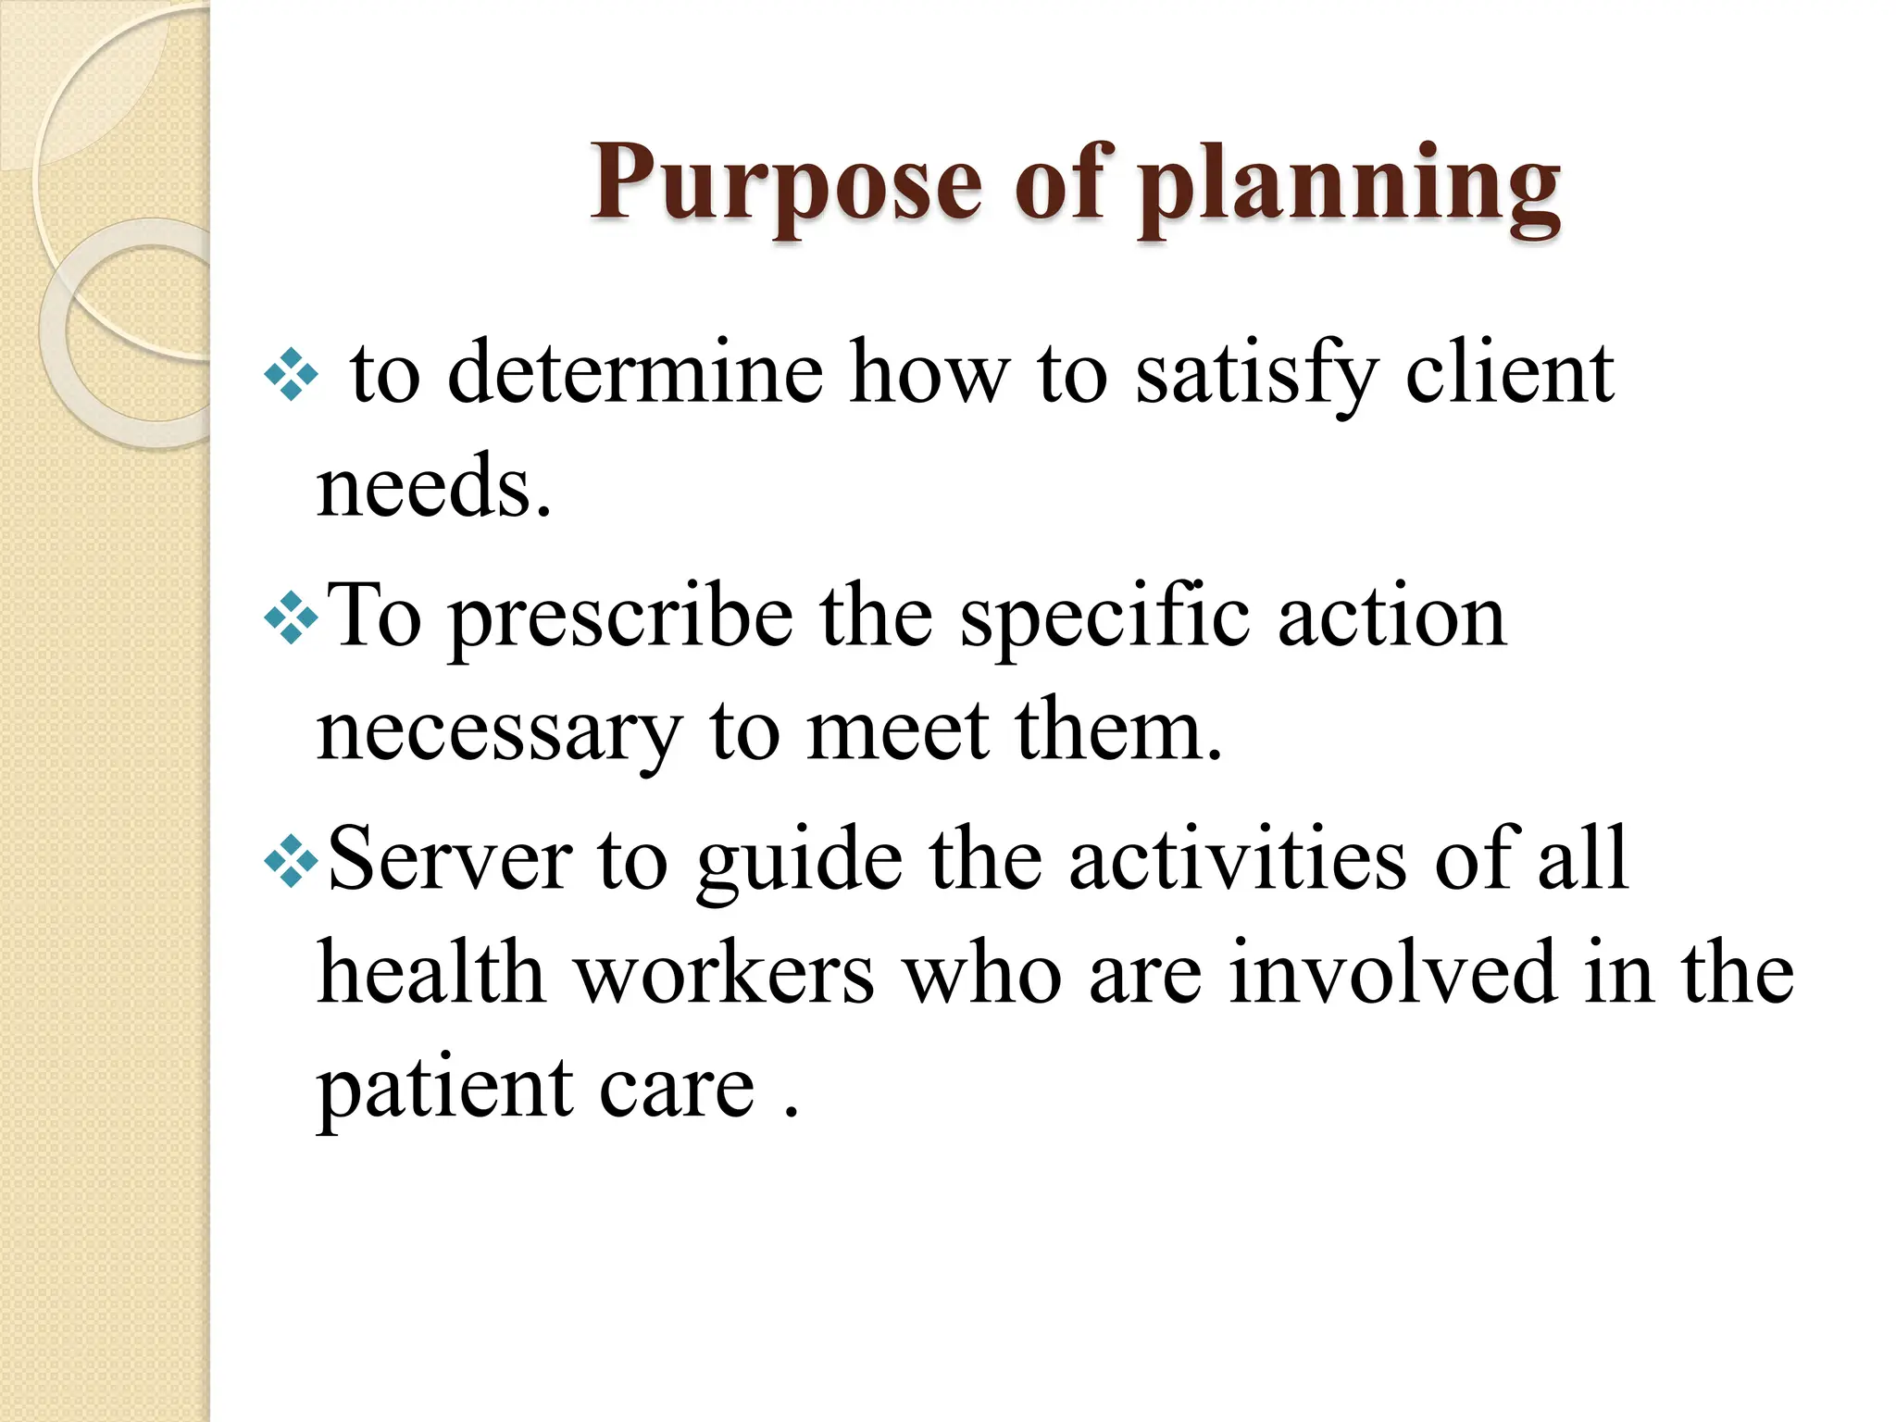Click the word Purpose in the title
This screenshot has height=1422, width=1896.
coord(786,182)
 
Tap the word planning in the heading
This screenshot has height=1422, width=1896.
coord(1350,182)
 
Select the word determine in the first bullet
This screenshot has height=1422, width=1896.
coord(635,373)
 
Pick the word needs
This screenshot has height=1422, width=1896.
coord(433,488)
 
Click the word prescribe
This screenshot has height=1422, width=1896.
coord(620,617)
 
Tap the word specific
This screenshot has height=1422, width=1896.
coord(1105,617)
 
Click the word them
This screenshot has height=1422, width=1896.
coord(1118,732)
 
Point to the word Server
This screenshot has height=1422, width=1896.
coord(450,860)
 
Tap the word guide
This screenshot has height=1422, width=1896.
coord(799,860)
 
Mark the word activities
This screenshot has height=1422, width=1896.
coord(1238,860)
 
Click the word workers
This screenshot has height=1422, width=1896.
coord(725,974)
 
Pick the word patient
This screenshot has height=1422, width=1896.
coord(443,1089)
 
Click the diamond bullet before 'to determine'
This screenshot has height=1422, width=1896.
coord(291,374)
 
